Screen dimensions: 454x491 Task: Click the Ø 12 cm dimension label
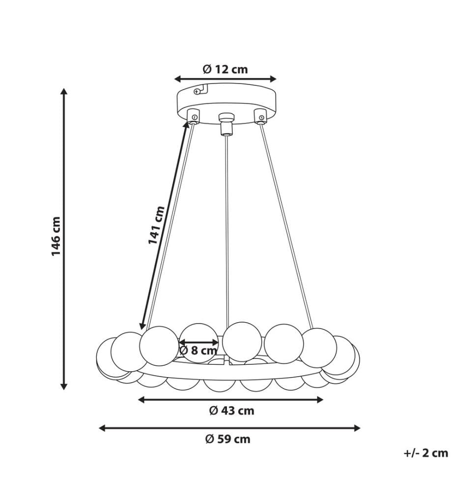click(225, 69)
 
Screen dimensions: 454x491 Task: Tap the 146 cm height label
click(56, 236)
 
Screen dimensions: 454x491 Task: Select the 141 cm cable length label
click(156, 225)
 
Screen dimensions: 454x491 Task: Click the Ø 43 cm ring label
click(231, 410)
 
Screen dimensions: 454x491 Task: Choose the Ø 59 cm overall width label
click(228, 439)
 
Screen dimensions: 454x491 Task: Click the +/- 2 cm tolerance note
click(426, 453)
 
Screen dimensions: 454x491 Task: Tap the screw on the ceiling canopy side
click(197, 91)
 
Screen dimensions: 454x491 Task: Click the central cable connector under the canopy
click(227, 124)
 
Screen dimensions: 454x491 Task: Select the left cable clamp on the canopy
click(193, 116)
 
